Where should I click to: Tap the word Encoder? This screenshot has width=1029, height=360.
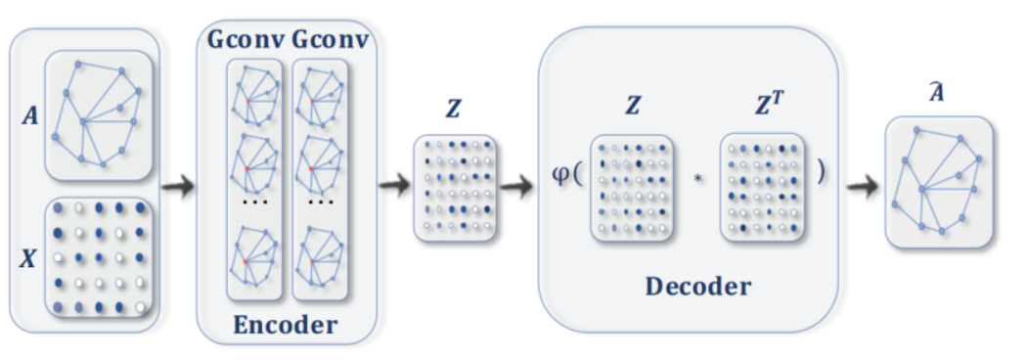coord(287,325)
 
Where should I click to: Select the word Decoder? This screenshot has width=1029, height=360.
coord(697,287)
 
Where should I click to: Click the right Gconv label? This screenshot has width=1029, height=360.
coord(328,42)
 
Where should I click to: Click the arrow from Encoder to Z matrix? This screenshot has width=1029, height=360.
coord(395,185)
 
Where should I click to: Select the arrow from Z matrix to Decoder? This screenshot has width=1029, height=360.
coord(517,185)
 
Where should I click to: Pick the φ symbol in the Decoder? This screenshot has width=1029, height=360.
coord(559,181)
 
